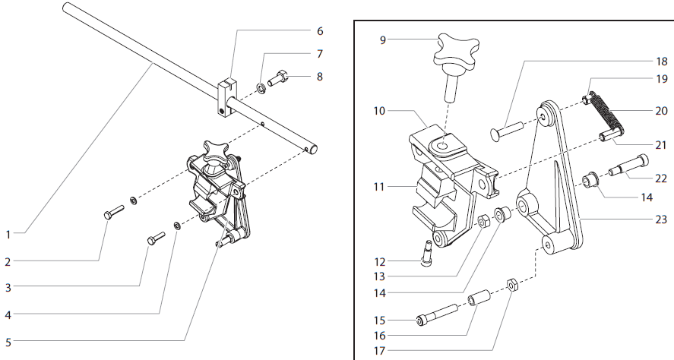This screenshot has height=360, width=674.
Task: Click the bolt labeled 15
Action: [435, 313]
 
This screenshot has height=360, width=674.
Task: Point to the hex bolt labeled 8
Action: [280, 77]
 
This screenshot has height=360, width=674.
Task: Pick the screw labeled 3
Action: [157, 238]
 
